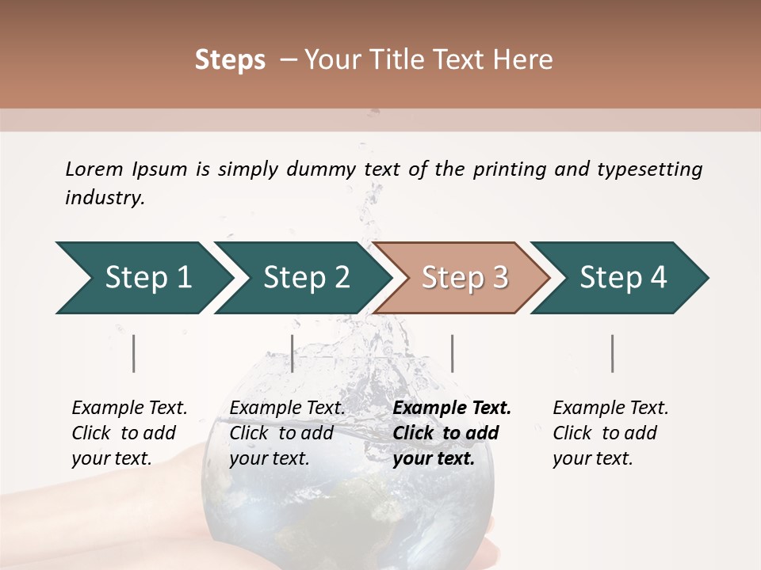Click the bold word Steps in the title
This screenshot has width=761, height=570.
pos(230,60)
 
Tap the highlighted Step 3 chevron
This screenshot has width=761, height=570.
pos(465,277)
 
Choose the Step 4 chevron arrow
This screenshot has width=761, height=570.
pos(623,277)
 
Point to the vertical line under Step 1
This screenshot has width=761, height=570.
pos(134,353)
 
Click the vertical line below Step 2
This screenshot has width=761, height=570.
pos(293,353)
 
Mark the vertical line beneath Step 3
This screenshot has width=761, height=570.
pos(453,353)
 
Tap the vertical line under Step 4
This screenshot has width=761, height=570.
pos(613,353)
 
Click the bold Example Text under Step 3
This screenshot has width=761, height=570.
pos(452,408)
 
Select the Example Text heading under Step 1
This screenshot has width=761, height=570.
pos(129,408)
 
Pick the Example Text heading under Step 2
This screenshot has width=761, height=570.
pos(287,408)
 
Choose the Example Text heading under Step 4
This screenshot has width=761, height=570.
pos(610,408)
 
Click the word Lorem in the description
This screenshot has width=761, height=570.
pos(94,169)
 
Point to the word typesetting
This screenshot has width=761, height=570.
pos(649,169)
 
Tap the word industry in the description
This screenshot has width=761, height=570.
pos(105,198)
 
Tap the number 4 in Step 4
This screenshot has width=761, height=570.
pos(658,277)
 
